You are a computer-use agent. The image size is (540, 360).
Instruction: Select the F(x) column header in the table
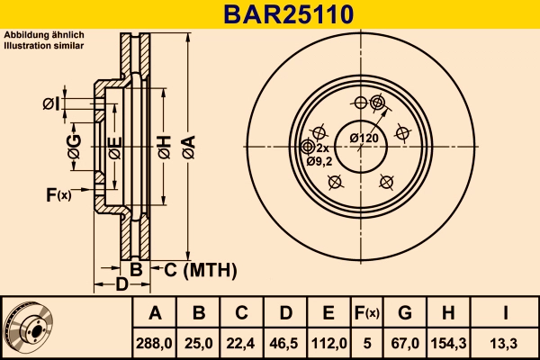(x=366, y=313)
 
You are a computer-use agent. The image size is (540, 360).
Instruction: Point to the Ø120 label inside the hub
(x=364, y=138)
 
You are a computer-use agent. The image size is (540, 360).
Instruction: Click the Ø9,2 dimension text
(x=319, y=161)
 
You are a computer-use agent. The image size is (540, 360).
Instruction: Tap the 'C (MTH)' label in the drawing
(x=199, y=269)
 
